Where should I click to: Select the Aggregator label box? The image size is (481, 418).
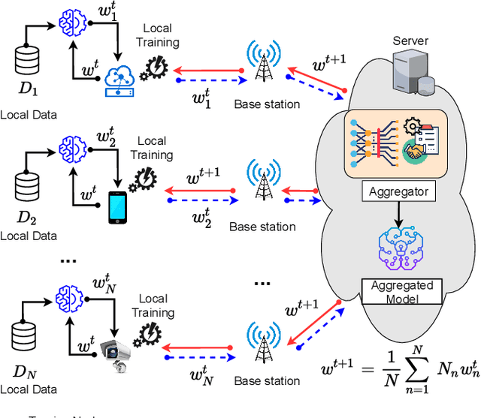coord(398,191)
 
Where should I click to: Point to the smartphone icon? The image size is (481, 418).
coord(117,207)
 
